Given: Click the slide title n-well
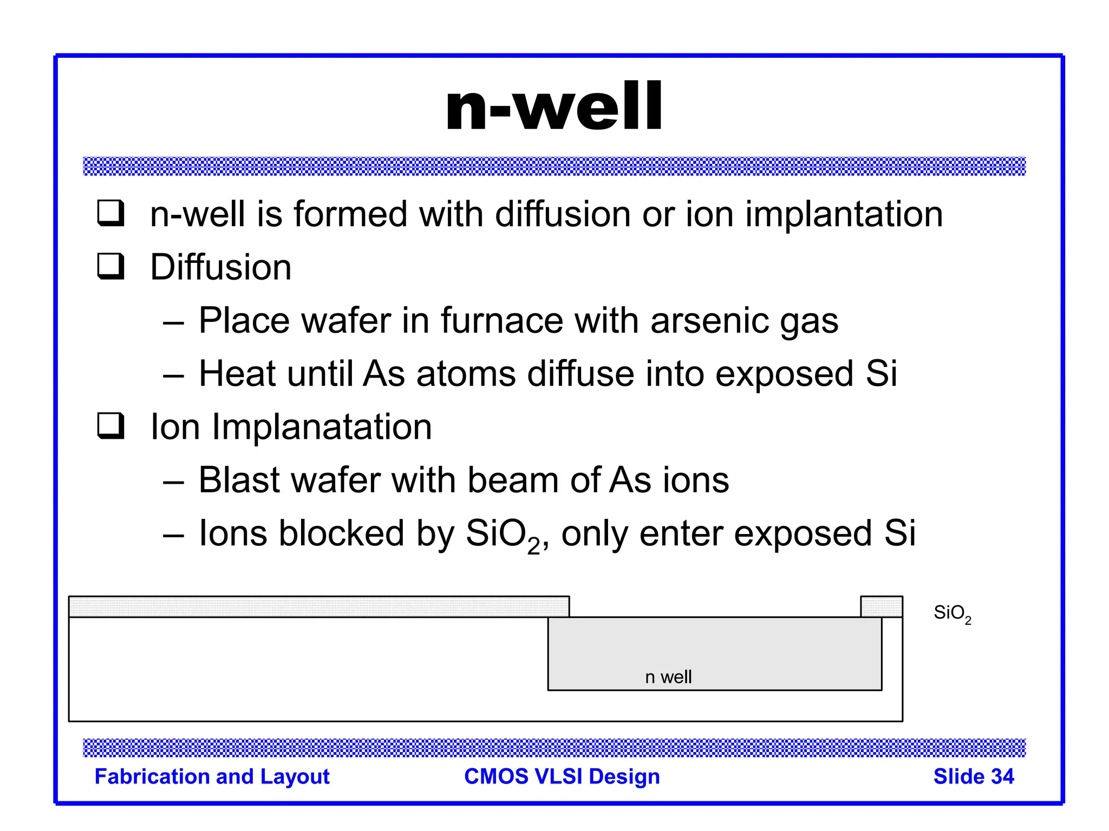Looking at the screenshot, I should [553, 107].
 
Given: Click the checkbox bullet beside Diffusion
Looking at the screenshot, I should [111, 266].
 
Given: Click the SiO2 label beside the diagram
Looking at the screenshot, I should [951, 614].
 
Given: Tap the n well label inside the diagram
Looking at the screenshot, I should [668, 677].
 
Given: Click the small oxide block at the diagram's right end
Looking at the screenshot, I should [881, 606].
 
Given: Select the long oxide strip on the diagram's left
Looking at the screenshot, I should [318, 606].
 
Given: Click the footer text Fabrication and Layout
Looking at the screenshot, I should [212, 776].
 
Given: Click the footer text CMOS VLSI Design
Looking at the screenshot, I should [562, 776].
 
